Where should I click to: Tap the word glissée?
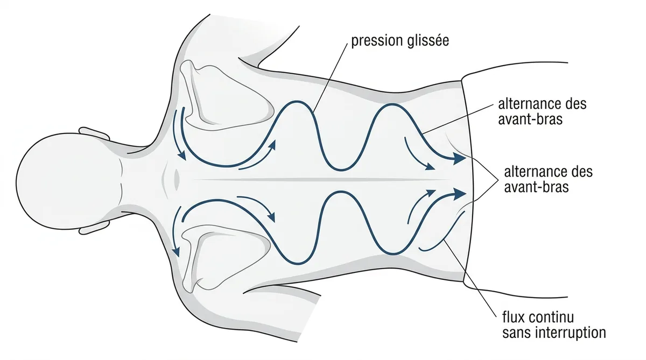pos(429,40)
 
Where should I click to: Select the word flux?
pos(514,317)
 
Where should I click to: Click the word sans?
pos(516,333)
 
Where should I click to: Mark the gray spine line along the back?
pos(321,180)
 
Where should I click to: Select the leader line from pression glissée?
pos(330,78)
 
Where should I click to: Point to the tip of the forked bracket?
pos(498,179)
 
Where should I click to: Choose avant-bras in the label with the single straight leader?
pos(530,119)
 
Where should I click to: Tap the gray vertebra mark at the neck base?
pos(177,180)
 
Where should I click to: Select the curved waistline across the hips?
pos(469,181)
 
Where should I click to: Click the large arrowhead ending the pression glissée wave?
pos(459,159)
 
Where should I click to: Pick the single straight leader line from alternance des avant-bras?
pos(458,119)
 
